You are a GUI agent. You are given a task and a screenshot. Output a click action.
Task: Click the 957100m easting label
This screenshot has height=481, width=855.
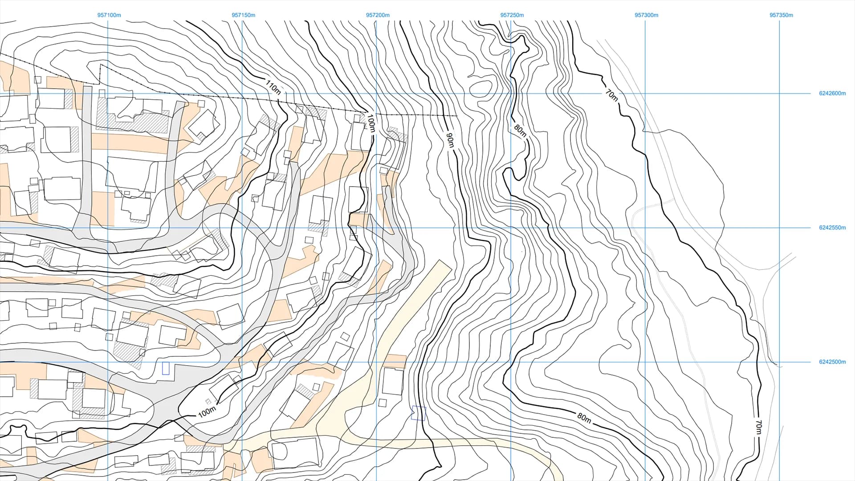pos(109,15)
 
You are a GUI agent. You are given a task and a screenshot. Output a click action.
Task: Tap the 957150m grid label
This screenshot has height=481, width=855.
pos(243,15)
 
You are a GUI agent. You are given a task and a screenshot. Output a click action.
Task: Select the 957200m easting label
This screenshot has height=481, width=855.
pos(378,15)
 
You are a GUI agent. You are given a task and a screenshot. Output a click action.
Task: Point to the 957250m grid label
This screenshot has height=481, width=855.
pos(512,15)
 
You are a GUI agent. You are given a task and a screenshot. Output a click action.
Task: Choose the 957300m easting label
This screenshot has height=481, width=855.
pos(646,15)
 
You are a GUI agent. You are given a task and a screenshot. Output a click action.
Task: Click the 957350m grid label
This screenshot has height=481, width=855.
pos(781,15)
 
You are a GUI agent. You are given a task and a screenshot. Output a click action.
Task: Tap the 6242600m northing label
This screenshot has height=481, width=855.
pos(832,94)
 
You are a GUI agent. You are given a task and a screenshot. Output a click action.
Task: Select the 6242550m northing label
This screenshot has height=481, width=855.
pos(832,228)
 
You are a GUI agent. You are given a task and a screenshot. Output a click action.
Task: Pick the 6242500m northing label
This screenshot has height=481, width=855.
pos(832,362)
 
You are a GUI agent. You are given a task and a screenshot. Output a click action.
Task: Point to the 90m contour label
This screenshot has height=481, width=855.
pos(450,140)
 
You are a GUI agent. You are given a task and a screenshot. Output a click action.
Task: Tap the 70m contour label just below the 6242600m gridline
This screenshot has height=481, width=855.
pos(612,95)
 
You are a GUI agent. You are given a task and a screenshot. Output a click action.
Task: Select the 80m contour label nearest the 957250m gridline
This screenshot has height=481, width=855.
pos(520,130)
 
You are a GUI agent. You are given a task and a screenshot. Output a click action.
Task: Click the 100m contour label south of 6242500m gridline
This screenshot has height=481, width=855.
pos(207,412)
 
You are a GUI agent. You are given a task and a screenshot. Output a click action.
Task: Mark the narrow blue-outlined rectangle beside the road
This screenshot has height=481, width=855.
pos(166,368)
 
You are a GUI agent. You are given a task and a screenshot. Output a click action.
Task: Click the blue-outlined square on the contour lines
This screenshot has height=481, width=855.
pos(419,413)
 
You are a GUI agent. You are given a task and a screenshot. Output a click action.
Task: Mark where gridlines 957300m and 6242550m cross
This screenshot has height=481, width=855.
pos(645,228)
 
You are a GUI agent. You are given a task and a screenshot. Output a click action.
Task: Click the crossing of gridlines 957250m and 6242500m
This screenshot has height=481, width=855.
pos(511,362)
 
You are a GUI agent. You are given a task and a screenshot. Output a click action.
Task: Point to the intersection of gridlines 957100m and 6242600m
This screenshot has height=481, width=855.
pos(108,94)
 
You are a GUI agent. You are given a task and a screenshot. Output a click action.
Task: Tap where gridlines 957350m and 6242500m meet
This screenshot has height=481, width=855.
pos(779,362)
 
